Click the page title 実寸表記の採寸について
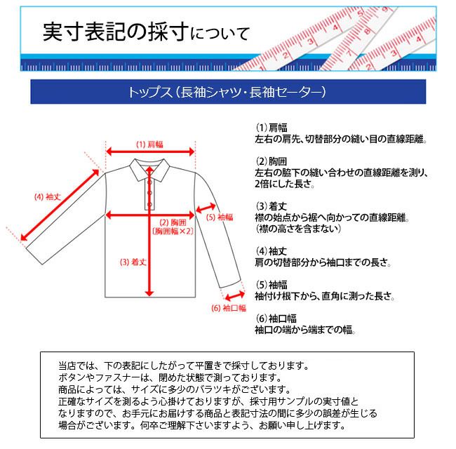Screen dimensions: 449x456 [x=146, y=32]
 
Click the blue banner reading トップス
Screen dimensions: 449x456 [x=228, y=92]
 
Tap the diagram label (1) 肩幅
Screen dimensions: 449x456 [x=149, y=144]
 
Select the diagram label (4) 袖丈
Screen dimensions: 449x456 [x=48, y=197]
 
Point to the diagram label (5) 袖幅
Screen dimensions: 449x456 [x=220, y=217]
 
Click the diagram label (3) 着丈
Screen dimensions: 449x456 [x=133, y=262]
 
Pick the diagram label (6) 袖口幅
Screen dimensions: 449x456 [x=228, y=308]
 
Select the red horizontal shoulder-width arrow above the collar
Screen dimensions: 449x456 [x=149, y=152]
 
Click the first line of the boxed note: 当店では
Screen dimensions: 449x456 [x=183, y=366]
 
